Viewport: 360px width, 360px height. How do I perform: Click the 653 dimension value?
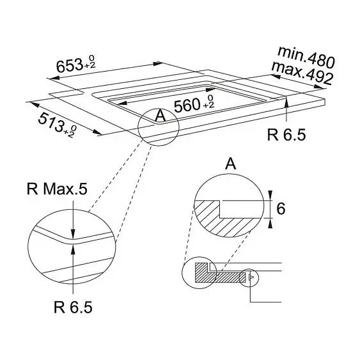pyautogui.click(x=70, y=65)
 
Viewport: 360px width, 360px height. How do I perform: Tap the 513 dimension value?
pyautogui.click(x=51, y=123)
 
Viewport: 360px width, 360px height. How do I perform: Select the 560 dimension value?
pyautogui.click(x=187, y=106)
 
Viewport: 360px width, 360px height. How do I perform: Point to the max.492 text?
pyautogui.click(x=302, y=74)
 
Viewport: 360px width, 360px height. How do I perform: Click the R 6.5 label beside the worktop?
pyautogui.click(x=286, y=135)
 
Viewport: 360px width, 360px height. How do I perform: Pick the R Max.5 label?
pyautogui.click(x=57, y=189)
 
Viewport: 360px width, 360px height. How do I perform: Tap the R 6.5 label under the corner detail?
pyautogui.click(x=73, y=307)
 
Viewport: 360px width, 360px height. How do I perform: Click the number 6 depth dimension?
pyautogui.click(x=281, y=209)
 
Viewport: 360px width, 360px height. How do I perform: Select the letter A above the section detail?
pyautogui.click(x=231, y=164)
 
